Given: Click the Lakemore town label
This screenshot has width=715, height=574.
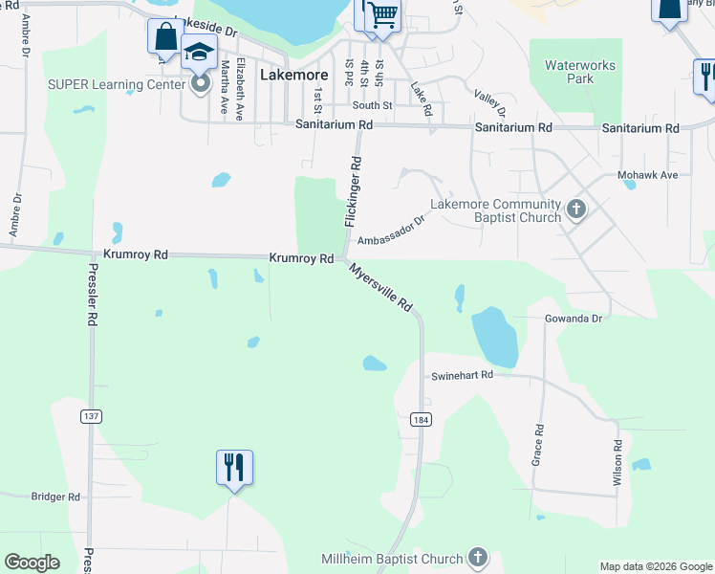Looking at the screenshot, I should coord(294,74).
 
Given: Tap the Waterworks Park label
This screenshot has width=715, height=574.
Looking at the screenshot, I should coord(580,72).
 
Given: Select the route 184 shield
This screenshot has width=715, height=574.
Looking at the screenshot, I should coord(420,420).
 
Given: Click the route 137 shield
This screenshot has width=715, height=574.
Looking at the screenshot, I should coord(91,416).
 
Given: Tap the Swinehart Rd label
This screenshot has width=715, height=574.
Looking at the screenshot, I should coord(461,375).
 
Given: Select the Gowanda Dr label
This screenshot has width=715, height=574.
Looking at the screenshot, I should coord(574,317).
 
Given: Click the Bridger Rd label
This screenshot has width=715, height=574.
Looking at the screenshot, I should coord(55,497).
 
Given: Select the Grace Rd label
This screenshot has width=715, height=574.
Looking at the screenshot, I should coord(538,445).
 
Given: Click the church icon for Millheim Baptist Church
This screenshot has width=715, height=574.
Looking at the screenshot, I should coord(479,558).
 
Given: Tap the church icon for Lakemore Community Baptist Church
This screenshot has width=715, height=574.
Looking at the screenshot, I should coord(575,210).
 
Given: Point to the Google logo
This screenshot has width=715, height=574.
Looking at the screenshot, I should coord(32,563).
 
